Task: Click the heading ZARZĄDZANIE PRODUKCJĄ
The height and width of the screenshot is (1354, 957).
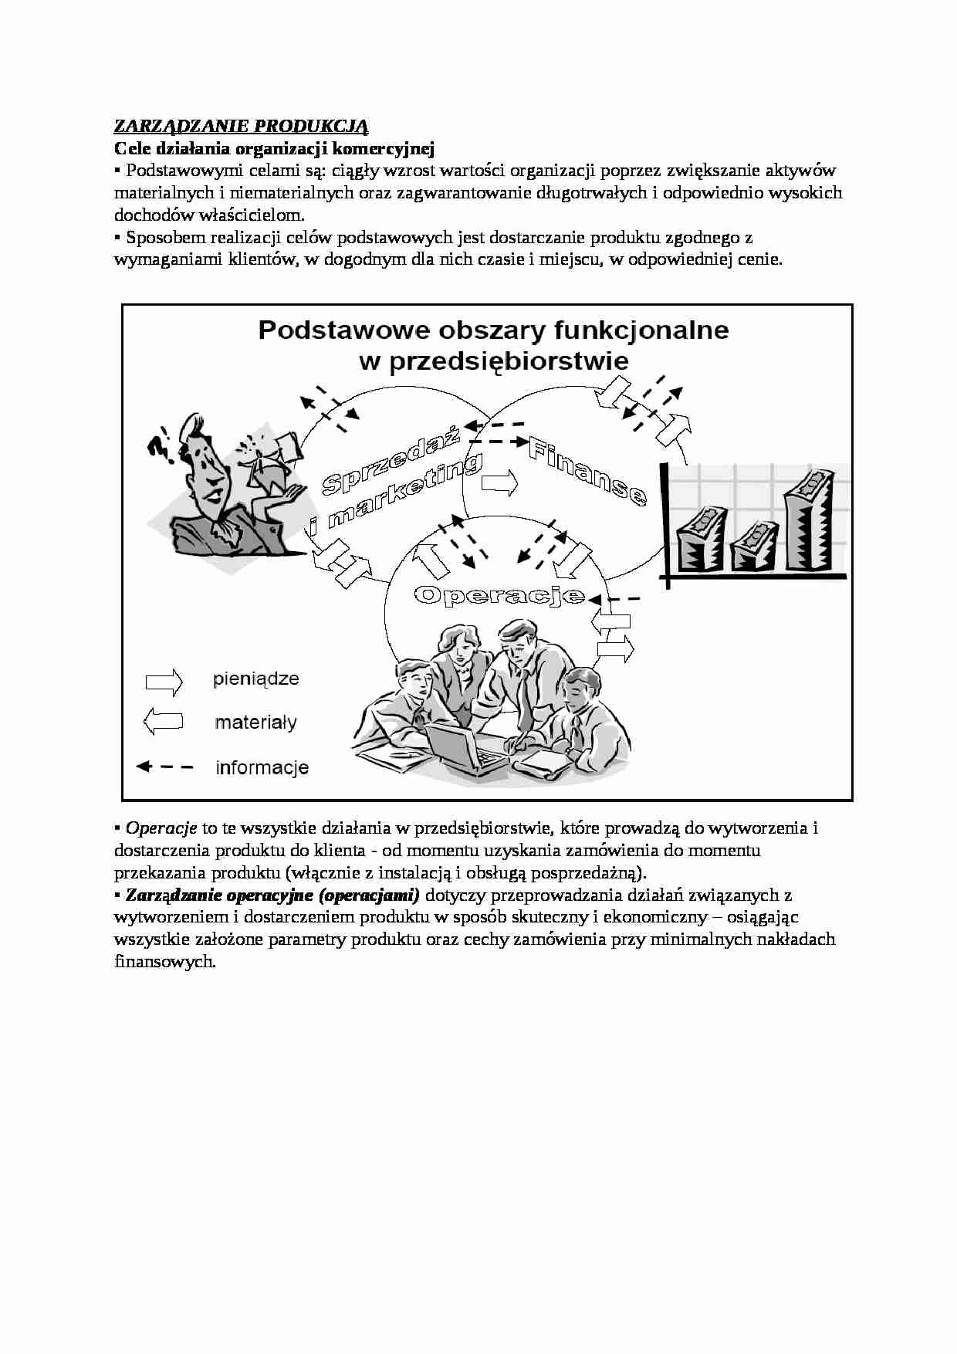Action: click(x=241, y=126)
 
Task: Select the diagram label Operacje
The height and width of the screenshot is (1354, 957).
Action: click(x=499, y=594)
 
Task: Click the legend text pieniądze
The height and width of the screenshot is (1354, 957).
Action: click(x=255, y=679)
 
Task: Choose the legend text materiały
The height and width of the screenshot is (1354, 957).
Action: click(x=255, y=723)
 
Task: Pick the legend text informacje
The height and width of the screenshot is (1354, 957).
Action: click(x=262, y=767)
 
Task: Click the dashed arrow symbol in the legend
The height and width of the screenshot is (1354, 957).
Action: click(x=164, y=767)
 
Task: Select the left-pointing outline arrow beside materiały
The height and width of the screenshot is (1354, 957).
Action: click(x=163, y=722)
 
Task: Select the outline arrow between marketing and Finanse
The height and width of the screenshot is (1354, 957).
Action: click(x=500, y=483)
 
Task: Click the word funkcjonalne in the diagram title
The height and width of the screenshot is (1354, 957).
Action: click(x=641, y=330)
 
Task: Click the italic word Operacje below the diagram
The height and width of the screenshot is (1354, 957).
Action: click(x=161, y=828)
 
